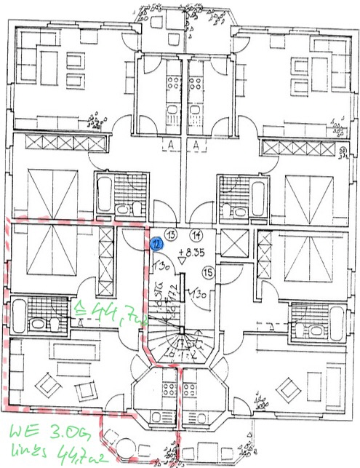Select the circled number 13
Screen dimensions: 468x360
point(172,234)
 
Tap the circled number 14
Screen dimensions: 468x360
point(196,234)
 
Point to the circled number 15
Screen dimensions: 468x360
point(207,273)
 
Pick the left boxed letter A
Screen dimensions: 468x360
point(168,145)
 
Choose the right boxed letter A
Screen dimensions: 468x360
point(196,145)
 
